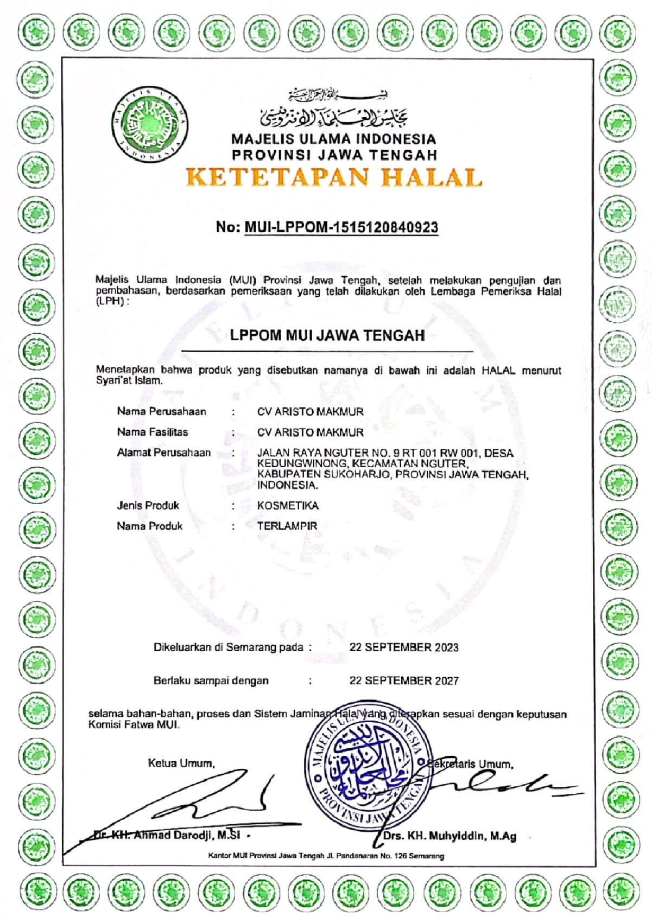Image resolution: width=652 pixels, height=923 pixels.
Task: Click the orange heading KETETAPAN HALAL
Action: pyautogui.click(x=333, y=177)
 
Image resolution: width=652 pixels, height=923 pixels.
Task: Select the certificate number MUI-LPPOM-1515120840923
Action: pyautogui.click(x=341, y=227)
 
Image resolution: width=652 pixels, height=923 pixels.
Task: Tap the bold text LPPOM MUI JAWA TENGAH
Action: pyautogui.click(x=327, y=335)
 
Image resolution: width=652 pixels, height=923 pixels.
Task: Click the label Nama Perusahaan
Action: pyautogui.click(x=161, y=411)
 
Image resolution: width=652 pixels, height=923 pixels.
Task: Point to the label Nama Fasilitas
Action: pyautogui.click(x=153, y=432)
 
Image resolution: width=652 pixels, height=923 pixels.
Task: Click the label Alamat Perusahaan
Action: pyautogui.click(x=163, y=453)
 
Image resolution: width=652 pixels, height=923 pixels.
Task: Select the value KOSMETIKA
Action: pyautogui.click(x=288, y=506)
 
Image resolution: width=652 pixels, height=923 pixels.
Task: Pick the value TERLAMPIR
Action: pyautogui.click(x=287, y=526)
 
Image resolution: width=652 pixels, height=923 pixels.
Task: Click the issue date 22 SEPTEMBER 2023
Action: pyautogui.click(x=404, y=647)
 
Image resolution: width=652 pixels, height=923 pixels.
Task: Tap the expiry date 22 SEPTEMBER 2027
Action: pyautogui.click(x=404, y=680)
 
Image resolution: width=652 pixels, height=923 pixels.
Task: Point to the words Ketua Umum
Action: pyautogui.click(x=181, y=763)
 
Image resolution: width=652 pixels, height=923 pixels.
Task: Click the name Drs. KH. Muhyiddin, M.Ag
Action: pyautogui.click(x=450, y=836)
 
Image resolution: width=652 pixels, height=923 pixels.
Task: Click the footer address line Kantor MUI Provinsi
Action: pyautogui.click(x=326, y=856)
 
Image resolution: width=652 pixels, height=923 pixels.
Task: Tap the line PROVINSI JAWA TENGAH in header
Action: pyautogui.click(x=334, y=155)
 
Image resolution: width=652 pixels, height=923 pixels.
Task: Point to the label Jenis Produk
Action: pyautogui.click(x=148, y=506)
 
